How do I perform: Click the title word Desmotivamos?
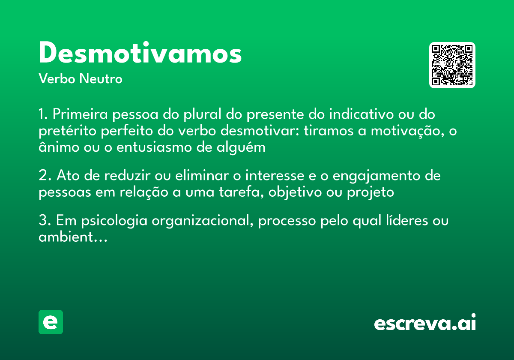coord(140,54)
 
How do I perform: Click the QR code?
coord(452,65)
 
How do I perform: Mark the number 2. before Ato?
coord(45,176)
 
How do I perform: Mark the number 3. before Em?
coord(45,221)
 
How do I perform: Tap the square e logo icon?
coord(51,322)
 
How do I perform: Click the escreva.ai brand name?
coord(425,323)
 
